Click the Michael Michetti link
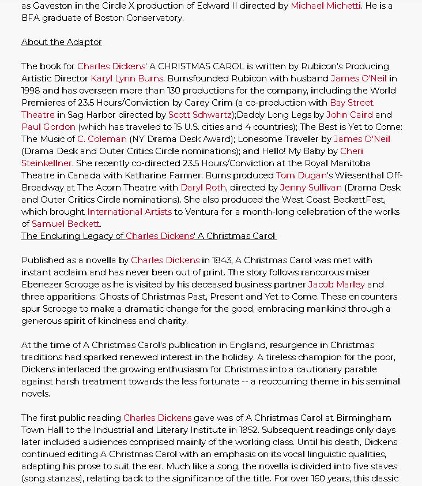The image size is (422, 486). pyautogui.click(x=326, y=5)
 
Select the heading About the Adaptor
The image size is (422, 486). pyautogui.click(x=62, y=42)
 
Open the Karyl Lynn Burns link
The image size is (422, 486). pyautogui.click(x=127, y=78)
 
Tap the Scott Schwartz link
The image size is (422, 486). pyautogui.click(x=200, y=114)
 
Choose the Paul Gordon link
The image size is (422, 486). pyautogui.click(x=48, y=126)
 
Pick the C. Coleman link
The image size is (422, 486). pyautogui.click(x=102, y=139)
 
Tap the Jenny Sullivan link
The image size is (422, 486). pyautogui.click(x=311, y=187)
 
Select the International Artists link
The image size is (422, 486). pyautogui.click(x=130, y=211)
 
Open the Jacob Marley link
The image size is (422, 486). pyautogui.click(x=336, y=284)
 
